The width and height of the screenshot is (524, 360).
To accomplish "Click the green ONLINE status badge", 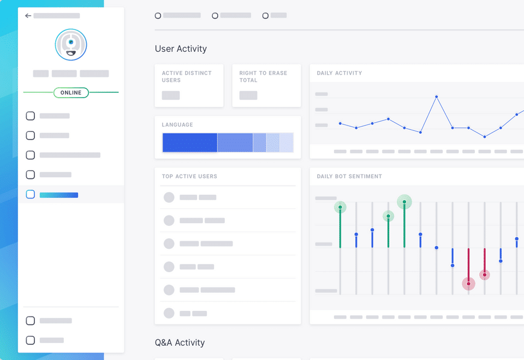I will (71, 93).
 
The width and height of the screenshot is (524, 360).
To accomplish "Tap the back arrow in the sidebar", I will (28, 16).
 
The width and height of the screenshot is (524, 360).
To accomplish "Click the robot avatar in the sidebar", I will (71, 45).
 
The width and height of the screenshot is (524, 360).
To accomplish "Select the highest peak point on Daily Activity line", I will (437, 97).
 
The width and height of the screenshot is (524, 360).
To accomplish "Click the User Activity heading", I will (181, 49).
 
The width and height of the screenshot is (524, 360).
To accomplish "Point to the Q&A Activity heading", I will (180, 343).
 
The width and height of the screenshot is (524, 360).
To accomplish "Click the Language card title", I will (177, 125).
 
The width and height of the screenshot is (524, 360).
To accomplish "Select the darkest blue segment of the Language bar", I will (190, 142).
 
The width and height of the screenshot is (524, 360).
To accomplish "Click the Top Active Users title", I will (189, 177).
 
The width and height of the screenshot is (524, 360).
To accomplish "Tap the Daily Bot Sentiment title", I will (349, 177).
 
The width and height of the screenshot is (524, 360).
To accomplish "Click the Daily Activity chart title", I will (340, 73).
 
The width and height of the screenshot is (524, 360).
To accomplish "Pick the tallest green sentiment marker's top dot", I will (404, 202).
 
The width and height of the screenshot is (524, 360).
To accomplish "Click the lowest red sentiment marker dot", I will (468, 284).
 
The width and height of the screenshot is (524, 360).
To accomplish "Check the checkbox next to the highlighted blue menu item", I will (31, 194).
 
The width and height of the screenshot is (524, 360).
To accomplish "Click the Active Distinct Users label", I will (187, 76).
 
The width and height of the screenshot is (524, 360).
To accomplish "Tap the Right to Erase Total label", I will (263, 76).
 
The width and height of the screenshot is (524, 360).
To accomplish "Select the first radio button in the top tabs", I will (158, 16).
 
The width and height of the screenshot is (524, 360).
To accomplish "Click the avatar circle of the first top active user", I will (169, 197).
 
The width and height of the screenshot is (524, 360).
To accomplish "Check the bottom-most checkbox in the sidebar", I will (31, 340).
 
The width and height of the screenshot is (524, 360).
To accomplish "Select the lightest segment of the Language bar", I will (287, 142).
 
